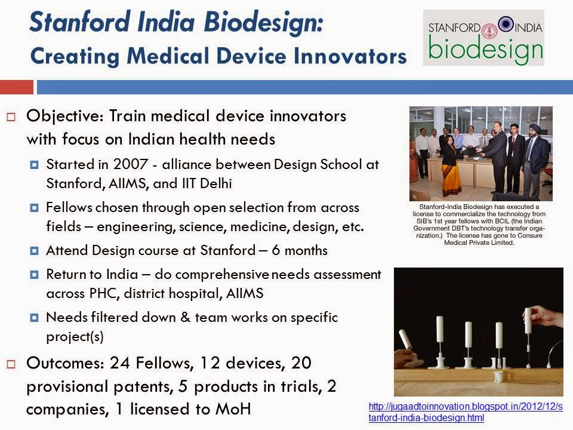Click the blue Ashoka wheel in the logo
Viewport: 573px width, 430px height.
click(x=506, y=24)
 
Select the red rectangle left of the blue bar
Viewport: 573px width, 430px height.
click(x=17, y=87)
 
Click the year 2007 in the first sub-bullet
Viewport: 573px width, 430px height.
click(x=131, y=164)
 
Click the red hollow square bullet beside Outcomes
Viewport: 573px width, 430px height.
click(x=11, y=364)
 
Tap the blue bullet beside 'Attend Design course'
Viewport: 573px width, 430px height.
click(x=35, y=251)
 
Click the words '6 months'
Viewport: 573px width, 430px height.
click(x=300, y=250)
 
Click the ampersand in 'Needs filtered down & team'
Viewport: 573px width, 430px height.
click(x=185, y=317)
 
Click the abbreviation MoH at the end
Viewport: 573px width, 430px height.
click(x=233, y=409)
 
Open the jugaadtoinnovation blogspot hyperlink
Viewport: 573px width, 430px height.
click(x=465, y=412)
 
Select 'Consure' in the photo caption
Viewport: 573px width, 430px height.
click(x=529, y=235)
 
